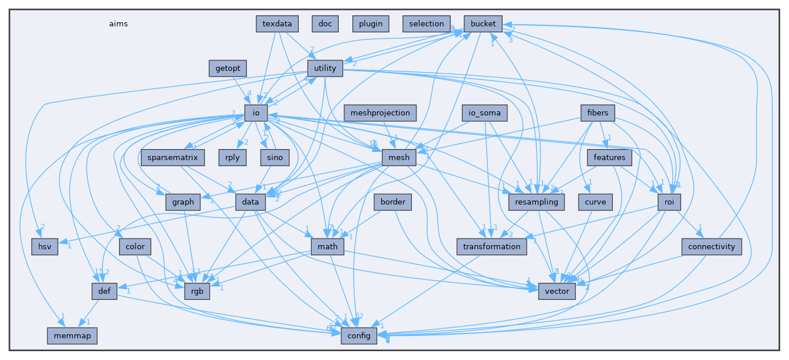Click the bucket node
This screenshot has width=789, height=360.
[x=483, y=24]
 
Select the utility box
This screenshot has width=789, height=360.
[x=325, y=68]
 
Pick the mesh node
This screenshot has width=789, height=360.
[x=400, y=158]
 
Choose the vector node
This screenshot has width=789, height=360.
[x=557, y=291]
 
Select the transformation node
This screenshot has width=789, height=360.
[x=491, y=246]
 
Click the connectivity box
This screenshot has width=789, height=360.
[x=711, y=246]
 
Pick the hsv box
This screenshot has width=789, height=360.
[x=45, y=246]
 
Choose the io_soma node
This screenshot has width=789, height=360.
[x=484, y=113]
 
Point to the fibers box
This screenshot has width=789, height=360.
[x=597, y=113]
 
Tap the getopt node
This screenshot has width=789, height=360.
[x=227, y=68]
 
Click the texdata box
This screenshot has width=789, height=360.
[x=277, y=24]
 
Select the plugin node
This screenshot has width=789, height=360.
[x=371, y=24]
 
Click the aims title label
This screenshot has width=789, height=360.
[x=118, y=24]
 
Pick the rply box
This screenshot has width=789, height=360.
[x=231, y=158]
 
